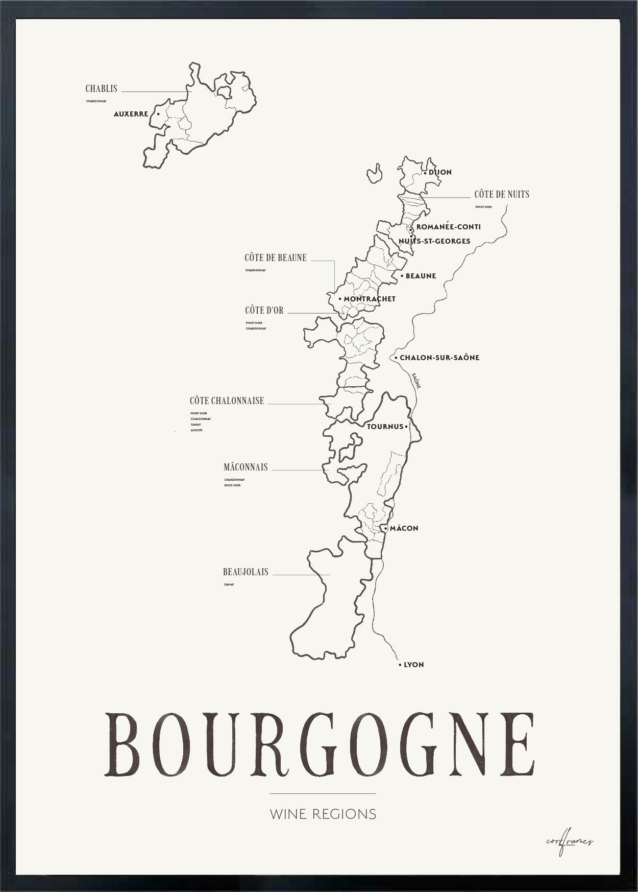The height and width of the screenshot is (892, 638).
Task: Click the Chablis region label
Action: point(101,89)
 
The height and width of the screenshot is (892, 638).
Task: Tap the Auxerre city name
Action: point(131,114)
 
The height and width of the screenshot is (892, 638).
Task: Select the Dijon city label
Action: point(440,172)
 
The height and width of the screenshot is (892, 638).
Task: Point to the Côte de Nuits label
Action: point(502,194)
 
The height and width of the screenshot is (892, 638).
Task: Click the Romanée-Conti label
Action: point(448,227)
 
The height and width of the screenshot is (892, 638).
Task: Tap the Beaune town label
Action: point(421,276)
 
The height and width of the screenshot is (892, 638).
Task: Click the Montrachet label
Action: point(370,299)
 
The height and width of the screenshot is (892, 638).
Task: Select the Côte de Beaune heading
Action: point(276,258)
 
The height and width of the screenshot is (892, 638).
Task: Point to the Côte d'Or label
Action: point(264,311)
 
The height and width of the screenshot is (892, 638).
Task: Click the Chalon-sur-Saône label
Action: point(439,358)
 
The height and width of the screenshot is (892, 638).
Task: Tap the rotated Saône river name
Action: point(416,381)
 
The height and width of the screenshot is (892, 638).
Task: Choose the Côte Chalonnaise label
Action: point(227,401)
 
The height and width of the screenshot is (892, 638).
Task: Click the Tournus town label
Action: point(385,427)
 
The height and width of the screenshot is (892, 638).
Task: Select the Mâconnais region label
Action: point(246,467)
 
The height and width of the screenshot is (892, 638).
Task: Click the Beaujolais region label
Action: point(246,572)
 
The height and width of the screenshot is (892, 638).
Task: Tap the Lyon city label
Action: point(413,665)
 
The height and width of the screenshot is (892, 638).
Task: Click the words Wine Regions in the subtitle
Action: point(323,814)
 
